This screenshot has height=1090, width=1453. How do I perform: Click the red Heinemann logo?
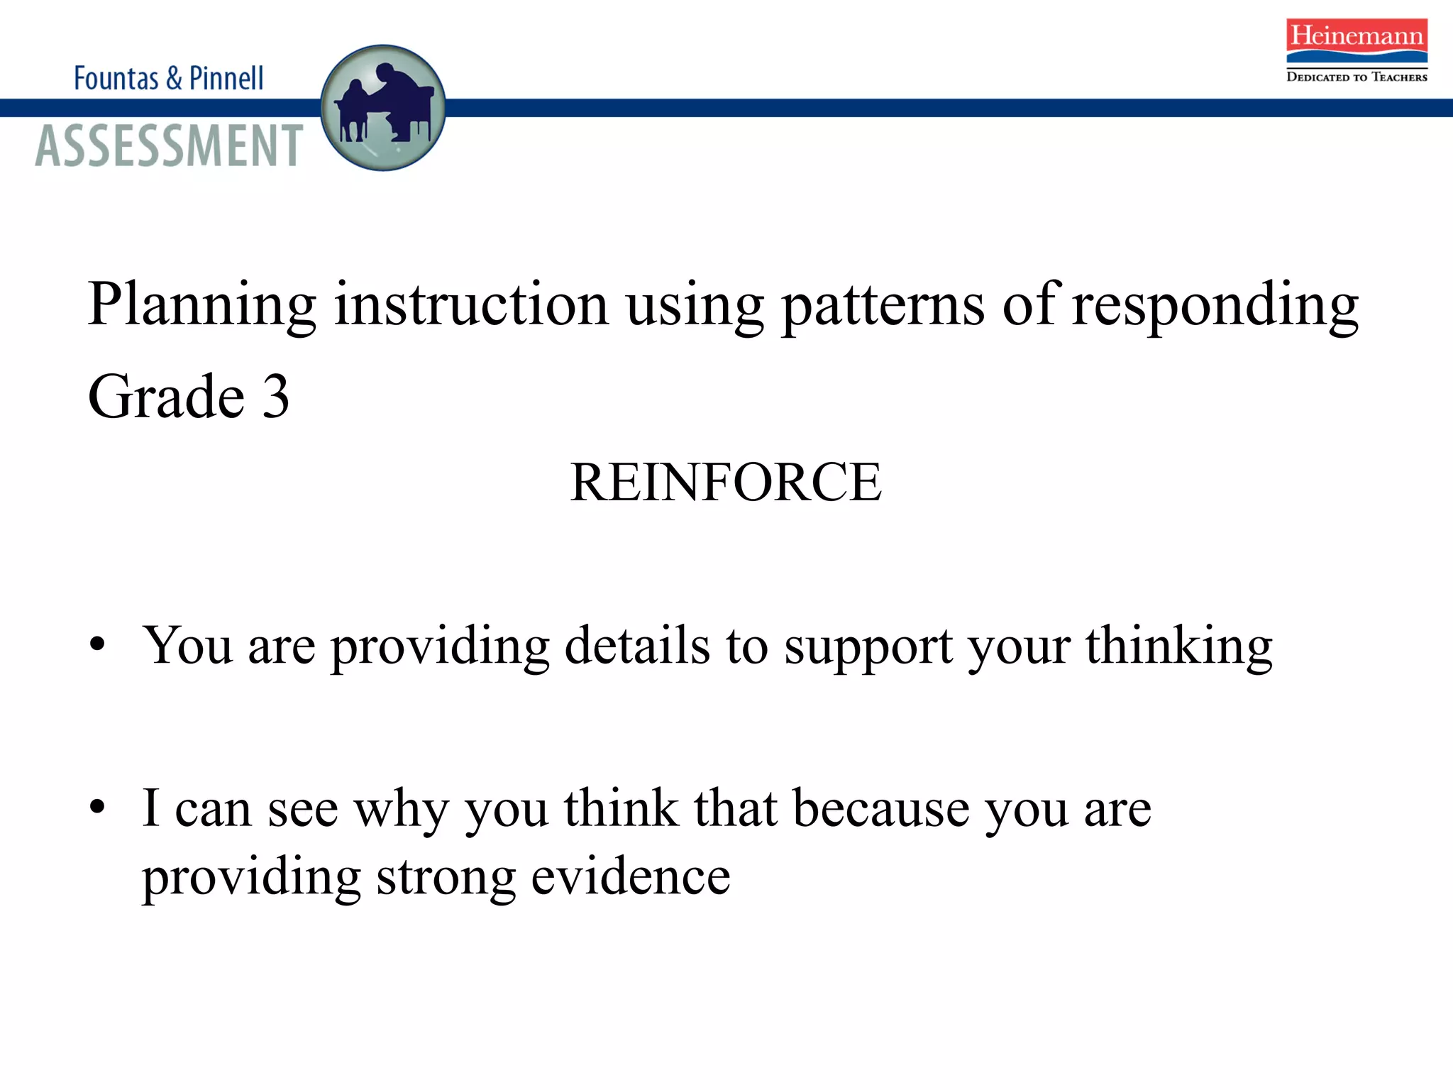[1357, 40]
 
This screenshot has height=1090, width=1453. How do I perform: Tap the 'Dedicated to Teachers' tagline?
[1357, 77]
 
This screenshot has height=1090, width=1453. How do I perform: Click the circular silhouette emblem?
[383, 108]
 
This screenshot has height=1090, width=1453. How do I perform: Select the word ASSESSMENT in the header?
[169, 145]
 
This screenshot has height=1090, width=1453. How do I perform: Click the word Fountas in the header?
[116, 78]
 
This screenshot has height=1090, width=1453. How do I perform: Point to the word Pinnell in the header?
[226, 78]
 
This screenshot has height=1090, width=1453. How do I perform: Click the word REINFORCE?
[726, 483]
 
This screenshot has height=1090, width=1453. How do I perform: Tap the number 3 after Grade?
[276, 396]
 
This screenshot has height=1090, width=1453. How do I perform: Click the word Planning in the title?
[202, 305]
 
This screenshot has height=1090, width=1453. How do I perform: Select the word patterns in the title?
[883, 305]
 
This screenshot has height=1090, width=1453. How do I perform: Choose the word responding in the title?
[1215, 305]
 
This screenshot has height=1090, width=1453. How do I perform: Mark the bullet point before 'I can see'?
[98, 807]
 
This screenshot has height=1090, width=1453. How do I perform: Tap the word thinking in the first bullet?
[1178, 647]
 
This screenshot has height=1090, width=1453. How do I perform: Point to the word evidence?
[631, 877]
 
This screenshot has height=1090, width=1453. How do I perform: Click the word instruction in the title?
[471, 305]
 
